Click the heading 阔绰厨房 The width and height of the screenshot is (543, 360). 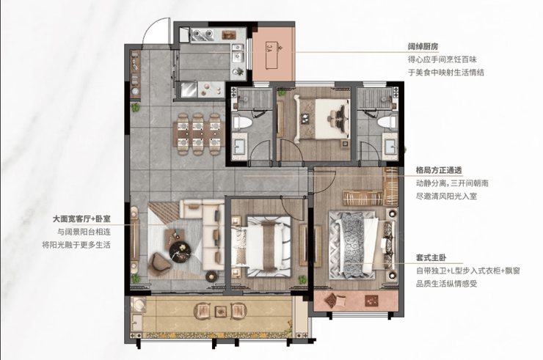coord(423,47)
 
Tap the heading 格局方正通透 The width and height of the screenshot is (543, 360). coord(439,170)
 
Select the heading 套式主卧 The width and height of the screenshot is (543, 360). coord(431,258)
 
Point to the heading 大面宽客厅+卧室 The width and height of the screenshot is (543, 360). coord(81,218)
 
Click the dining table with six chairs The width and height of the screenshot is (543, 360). coord(200,133)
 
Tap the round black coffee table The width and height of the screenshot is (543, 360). coord(180,251)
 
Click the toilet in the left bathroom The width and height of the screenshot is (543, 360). coord(241,122)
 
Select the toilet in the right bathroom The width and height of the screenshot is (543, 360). coord(386,122)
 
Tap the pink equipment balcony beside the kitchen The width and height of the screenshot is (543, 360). coord(273,55)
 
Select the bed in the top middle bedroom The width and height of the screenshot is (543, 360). coord(322,118)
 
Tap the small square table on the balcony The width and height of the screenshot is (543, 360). coord(220,311)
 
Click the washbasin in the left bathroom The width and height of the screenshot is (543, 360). coord(239,147)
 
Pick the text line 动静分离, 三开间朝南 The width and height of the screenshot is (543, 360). coord(452,183)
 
